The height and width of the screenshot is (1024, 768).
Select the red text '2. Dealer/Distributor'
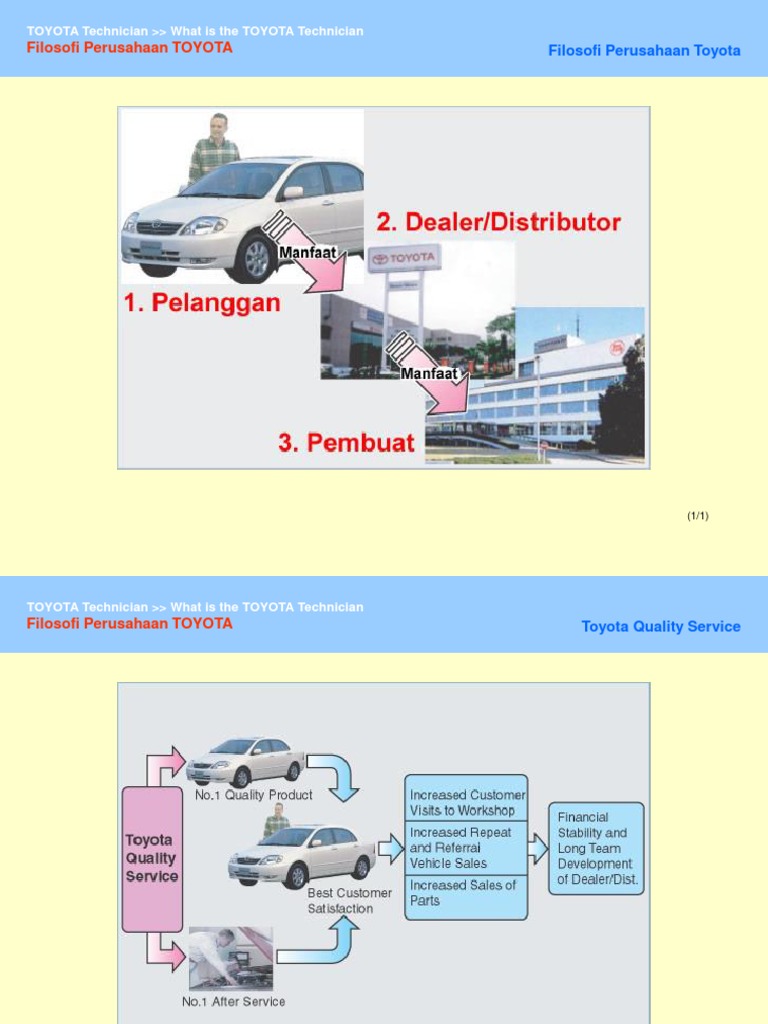point(498,222)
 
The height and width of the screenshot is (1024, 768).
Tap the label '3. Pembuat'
point(346,443)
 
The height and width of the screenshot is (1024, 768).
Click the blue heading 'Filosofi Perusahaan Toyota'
point(644,51)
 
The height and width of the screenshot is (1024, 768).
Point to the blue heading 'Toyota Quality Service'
point(661,627)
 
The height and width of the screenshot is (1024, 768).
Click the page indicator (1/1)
point(697,516)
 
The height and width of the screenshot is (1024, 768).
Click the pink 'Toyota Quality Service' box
point(151,858)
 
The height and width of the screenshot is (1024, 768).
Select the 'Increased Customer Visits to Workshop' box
point(466,802)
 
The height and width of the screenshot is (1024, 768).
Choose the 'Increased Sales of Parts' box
point(466,893)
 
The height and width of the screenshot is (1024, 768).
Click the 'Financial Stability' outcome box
point(596,849)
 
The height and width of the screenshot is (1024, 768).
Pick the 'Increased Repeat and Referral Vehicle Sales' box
point(466,847)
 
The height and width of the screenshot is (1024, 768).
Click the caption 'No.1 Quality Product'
point(254,795)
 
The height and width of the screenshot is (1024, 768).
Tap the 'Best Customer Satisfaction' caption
point(349,900)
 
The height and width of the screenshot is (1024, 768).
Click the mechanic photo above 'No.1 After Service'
point(230,958)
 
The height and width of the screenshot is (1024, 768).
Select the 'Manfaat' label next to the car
point(306,253)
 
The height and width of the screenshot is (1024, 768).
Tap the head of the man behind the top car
point(217,124)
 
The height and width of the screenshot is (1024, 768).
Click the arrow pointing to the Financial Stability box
point(538,848)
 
